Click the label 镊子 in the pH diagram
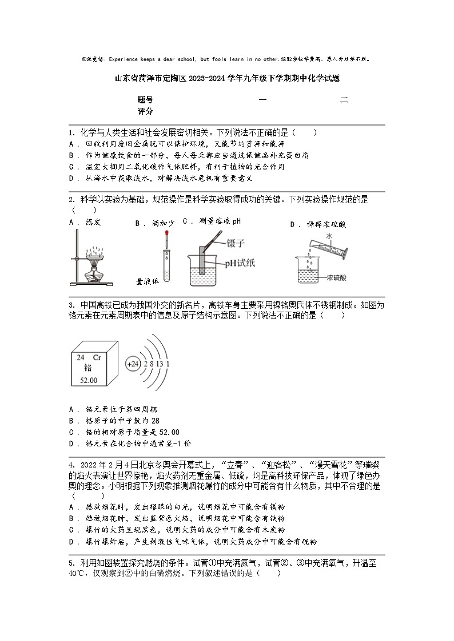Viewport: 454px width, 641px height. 236,243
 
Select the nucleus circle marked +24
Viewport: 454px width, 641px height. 133,364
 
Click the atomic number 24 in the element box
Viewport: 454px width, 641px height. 81,357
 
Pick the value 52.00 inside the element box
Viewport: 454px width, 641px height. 89,380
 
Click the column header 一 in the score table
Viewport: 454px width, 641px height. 262,100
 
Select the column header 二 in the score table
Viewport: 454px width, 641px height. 344,100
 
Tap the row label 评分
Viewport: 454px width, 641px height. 145,111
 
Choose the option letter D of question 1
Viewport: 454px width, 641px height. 72,178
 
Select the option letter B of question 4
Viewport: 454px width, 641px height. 72,518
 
